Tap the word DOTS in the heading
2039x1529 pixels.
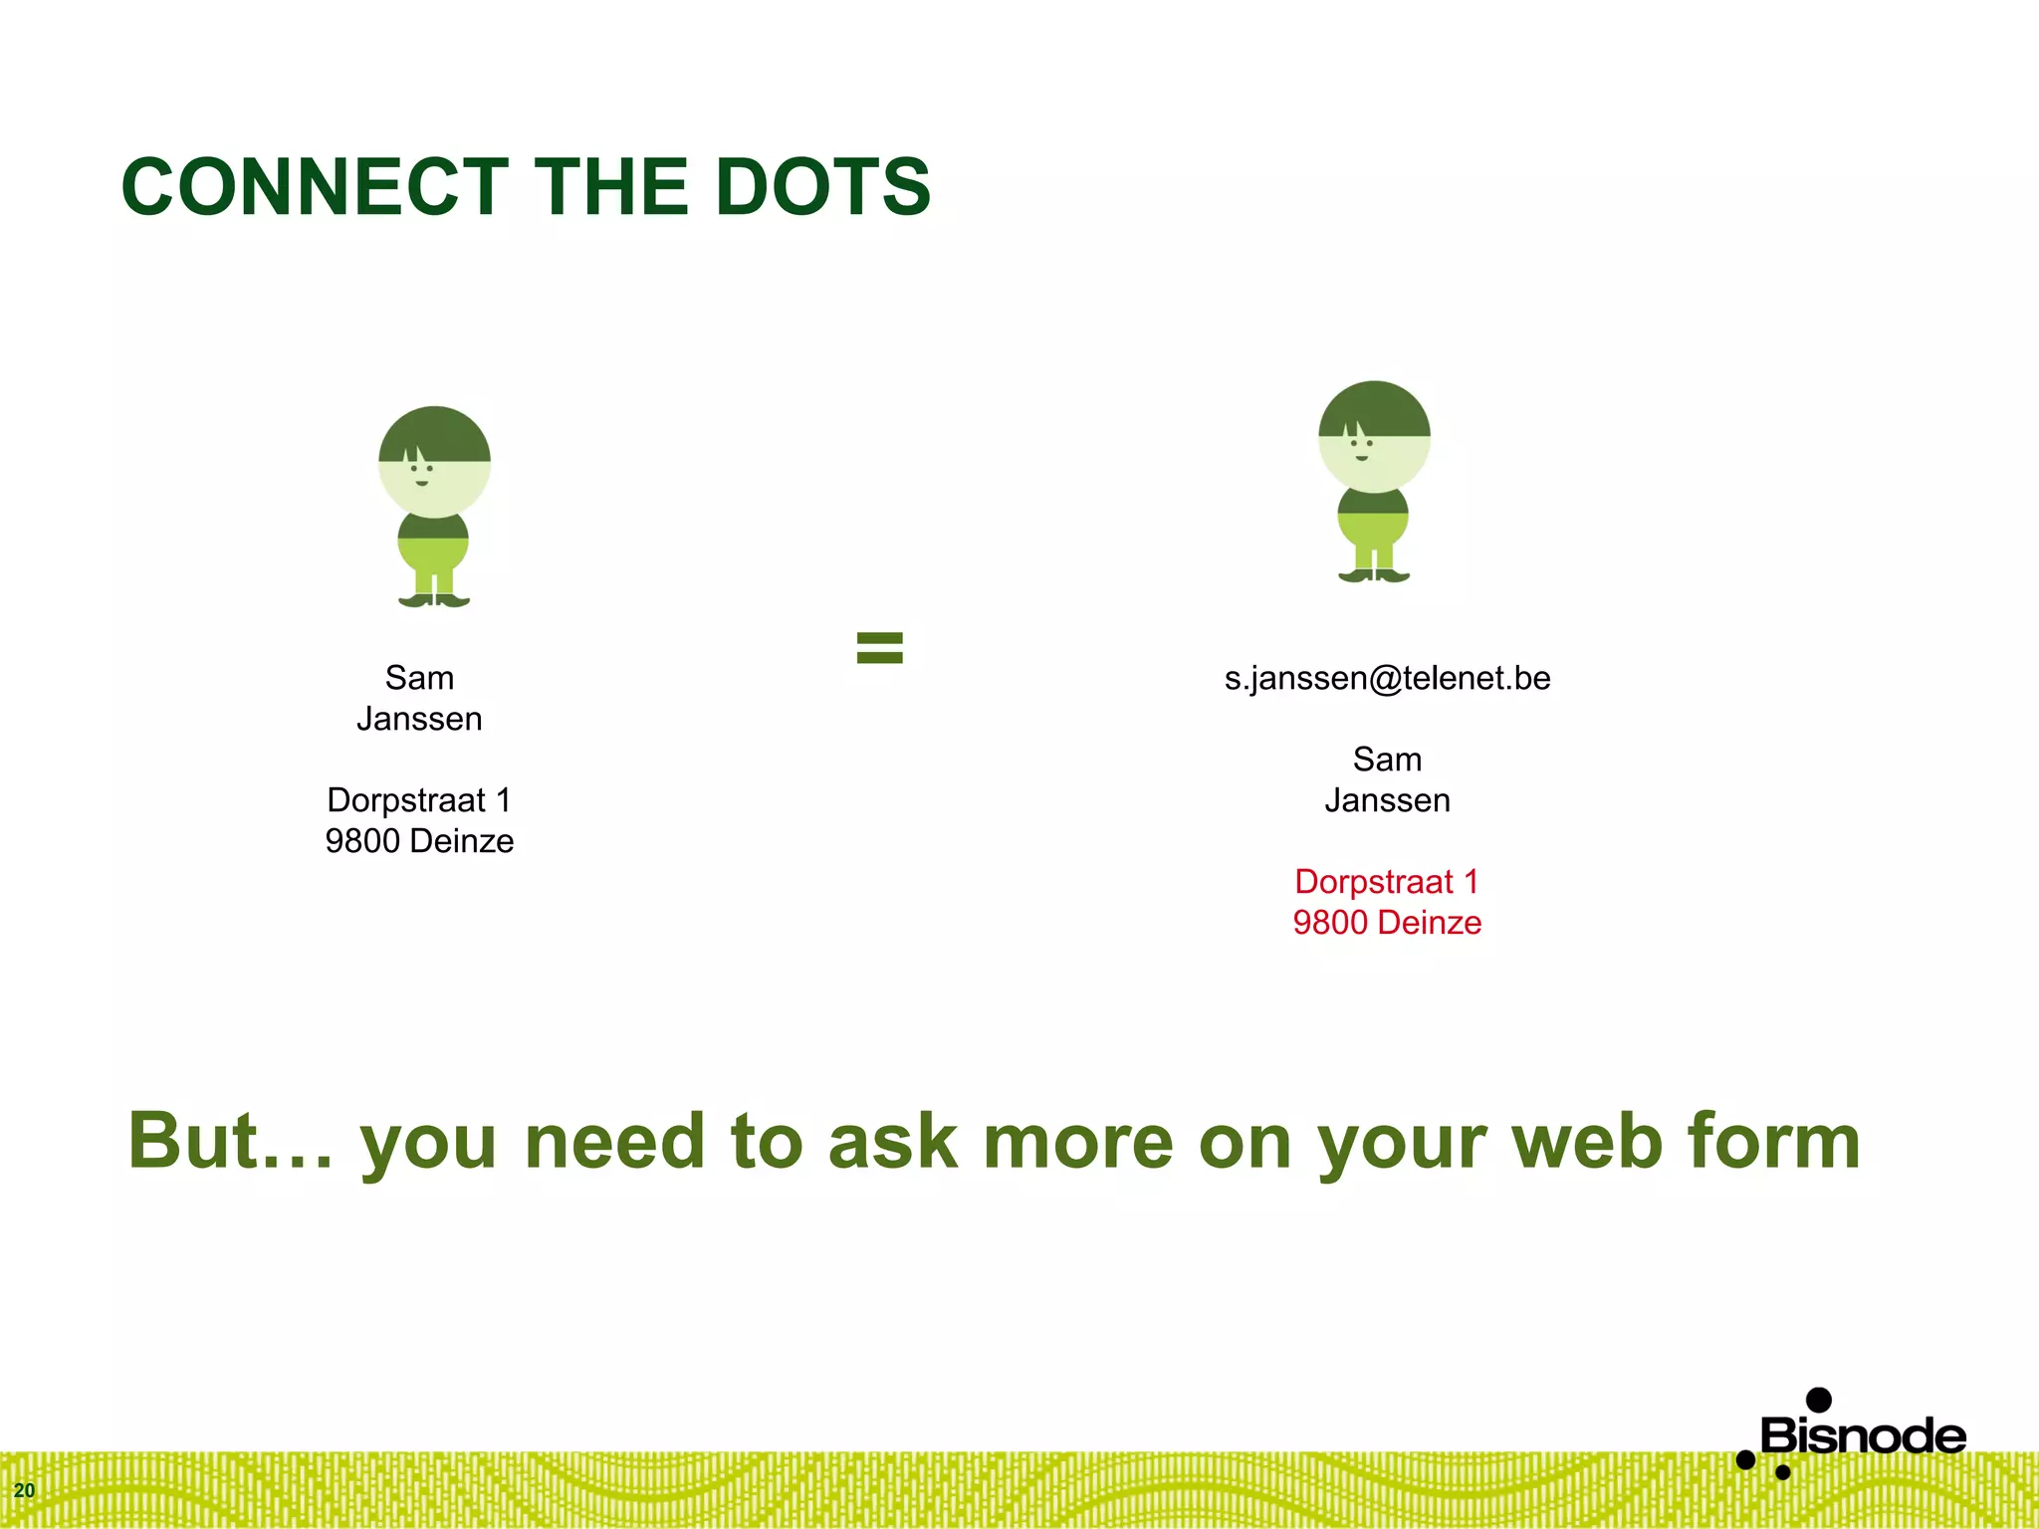822,187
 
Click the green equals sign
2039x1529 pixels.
880,648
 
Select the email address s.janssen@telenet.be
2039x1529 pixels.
1387,679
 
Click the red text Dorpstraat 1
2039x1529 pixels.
1387,882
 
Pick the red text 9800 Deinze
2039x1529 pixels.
1387,923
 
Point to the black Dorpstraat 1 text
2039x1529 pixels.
419,800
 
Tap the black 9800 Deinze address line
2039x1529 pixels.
419,841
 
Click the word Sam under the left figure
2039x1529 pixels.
419,679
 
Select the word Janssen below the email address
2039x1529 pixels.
1387,800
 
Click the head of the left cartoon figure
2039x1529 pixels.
434,461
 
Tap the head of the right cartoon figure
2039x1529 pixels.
1374,436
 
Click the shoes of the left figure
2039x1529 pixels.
434,600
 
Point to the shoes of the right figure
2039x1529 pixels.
1374,575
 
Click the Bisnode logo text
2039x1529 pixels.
1863,1436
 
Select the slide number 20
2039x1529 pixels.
24,1490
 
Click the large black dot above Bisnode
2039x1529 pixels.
1819,1400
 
